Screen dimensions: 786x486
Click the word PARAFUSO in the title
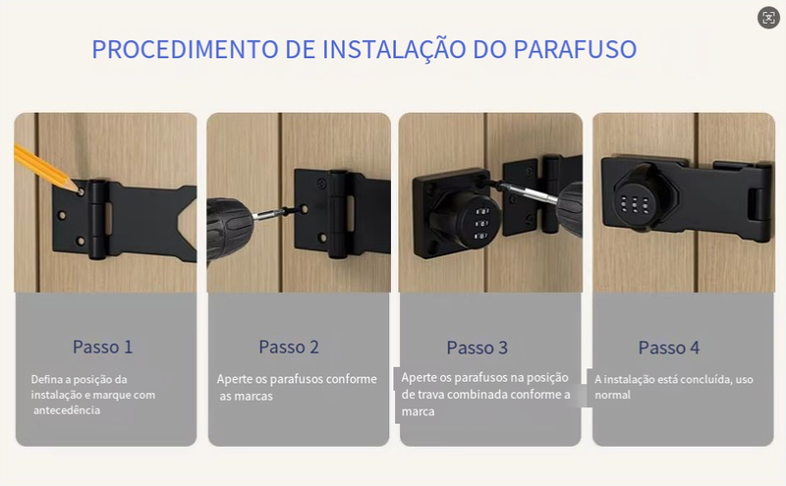(x=575, y=50)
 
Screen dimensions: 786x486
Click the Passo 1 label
(x=103, y=347)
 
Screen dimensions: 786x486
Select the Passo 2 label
(x=289, y=347)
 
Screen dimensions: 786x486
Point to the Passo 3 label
(x=477, y=348)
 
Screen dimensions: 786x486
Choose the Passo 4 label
(x=669, y=348)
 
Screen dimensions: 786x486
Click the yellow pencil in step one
(x=47, y=169)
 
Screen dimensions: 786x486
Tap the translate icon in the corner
(x=768, y=18)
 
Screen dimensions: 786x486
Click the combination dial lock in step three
(x=464, y=219)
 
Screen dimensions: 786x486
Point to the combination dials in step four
(x=635, y=205)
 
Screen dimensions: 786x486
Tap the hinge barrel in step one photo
(x=97, y=220)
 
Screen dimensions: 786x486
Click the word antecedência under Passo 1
(x=67, y=410)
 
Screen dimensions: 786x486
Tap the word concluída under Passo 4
(x=706, y=379)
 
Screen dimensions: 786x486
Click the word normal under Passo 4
(x=612, y=395)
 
